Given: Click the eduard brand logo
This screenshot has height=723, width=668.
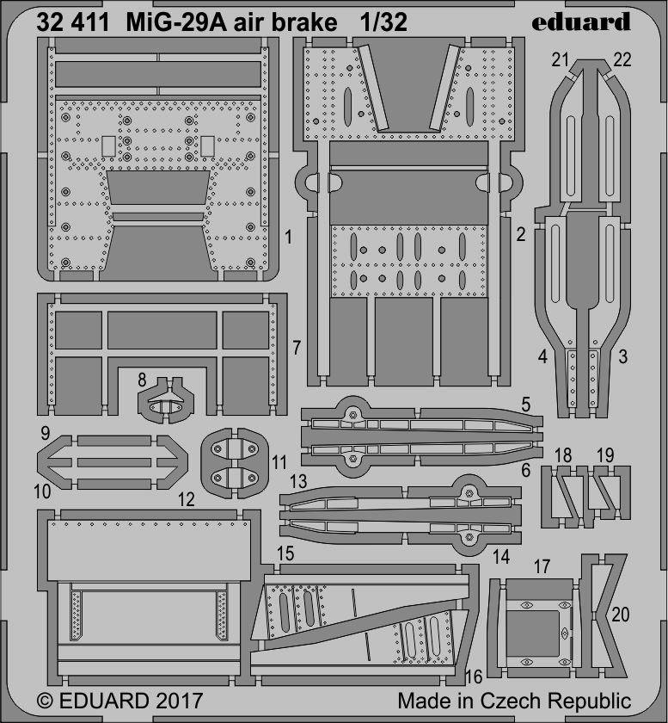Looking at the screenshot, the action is pos(580,22).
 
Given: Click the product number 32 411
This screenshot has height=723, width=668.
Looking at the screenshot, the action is pos(73,22).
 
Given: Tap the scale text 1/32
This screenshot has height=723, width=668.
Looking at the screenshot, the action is pos(383,22).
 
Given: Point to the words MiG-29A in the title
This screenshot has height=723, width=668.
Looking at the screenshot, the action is pos(176,22).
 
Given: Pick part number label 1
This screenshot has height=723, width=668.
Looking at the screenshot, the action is pos(288,238).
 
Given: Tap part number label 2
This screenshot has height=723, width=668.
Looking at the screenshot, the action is pos(521,235).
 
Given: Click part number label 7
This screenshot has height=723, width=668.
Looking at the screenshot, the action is pos(297,348).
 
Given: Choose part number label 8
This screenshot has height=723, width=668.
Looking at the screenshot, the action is pos(142,380).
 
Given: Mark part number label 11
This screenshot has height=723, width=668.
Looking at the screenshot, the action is pos(279,462).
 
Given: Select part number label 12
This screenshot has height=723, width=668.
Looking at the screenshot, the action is pos(186,499).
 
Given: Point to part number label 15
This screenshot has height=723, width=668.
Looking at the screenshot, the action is pos(285,553).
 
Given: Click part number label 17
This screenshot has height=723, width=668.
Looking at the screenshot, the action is pos(542,566).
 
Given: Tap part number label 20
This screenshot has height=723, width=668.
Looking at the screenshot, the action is pos(621,615).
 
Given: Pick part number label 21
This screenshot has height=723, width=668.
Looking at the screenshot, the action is pos(561,60).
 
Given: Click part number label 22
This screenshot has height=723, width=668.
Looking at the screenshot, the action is pos(622,60).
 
